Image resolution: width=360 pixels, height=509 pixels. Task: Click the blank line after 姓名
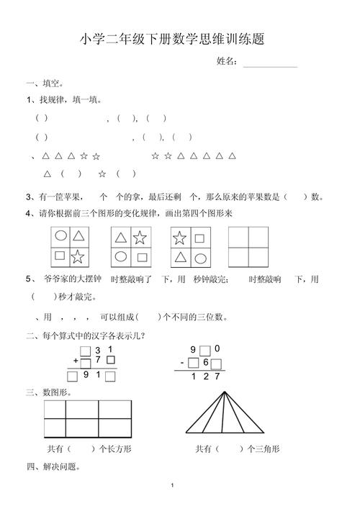270,66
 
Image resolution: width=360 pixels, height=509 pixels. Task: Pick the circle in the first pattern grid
60,235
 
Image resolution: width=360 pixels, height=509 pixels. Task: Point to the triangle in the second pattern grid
121,236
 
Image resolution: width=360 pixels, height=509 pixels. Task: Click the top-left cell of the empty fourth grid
239,236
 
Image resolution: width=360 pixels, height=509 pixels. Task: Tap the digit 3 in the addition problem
98,349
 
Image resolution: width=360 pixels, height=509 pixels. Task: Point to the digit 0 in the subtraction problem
217,349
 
